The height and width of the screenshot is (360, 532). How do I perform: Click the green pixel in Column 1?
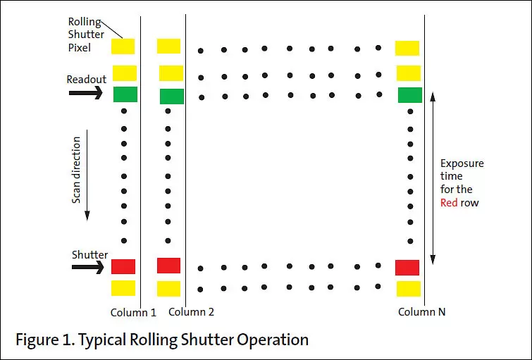pos(125,94)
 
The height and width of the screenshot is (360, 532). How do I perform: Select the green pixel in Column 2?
pos(171,97)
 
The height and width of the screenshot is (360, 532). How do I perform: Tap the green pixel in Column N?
pos(409,95)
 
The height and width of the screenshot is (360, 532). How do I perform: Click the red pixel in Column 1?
pos(123,266)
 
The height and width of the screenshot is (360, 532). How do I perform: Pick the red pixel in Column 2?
pos(168,266)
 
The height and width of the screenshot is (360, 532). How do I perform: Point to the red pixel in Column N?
pos(407,268)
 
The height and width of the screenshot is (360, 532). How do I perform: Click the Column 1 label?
pos(133,312)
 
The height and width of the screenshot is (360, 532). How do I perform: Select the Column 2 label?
pos(191,312)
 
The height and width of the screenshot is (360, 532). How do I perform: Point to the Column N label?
pos(421,312)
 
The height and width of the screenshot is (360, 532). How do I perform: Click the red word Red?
pos(449,202)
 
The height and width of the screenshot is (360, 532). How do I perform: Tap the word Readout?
pos(86,79)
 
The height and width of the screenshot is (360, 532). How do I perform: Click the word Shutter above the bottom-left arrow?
pos(89,254)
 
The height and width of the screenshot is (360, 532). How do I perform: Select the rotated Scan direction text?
pos(77,170)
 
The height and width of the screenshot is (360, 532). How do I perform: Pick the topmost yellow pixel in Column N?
pos(407,48)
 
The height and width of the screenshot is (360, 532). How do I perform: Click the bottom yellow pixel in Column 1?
pos(123,287)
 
